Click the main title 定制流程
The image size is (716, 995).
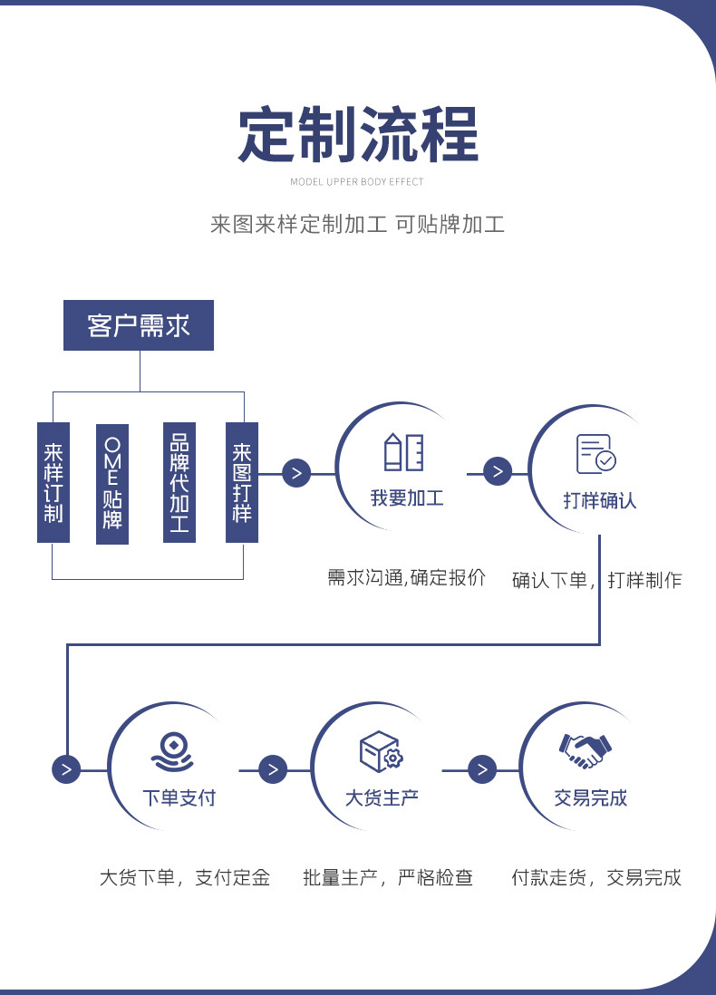pyautogui.click(x=358, y=134)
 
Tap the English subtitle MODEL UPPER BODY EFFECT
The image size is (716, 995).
pyautogui.click(x=357, y=182)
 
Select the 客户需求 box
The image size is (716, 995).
pyautogui.click(x=139, y=325)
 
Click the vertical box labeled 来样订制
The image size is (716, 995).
pyautogui.click(x=53, y=482)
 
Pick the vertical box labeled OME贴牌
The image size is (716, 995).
pyautogui.click(x=112, y=484)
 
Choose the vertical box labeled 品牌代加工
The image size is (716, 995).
pyautogui.click(x=179, y=482)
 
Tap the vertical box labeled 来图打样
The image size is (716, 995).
pyautogui.click(x=242, y=482)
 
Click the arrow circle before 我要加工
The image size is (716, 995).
pyautogui.click(x=296, y=473)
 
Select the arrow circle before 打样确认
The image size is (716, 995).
pyautogui.click(x=498, y=471)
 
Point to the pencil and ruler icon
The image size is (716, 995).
pyautogui.click(x=403, y=452)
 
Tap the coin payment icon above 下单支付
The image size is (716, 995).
pyautogui.click(x=172, y=752)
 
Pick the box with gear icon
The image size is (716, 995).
pyautogui.click(x=382, y=751)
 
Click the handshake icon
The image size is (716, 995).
pyautogui.click(x=585, y=750)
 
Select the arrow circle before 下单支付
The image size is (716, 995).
pyautogui.click(x=66, y=769)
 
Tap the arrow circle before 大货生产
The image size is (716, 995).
pyautogui.click(x=273, y=769)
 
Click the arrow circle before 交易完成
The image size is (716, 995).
pyautogui.click(x=482, y=769)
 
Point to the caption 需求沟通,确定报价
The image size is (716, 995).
pyautogui.click(x=406, y=577)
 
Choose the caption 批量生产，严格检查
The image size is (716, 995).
pyautogui.click(x=388, y=877)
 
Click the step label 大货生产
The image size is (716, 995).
pyautogui.click(x=382, y=797)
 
